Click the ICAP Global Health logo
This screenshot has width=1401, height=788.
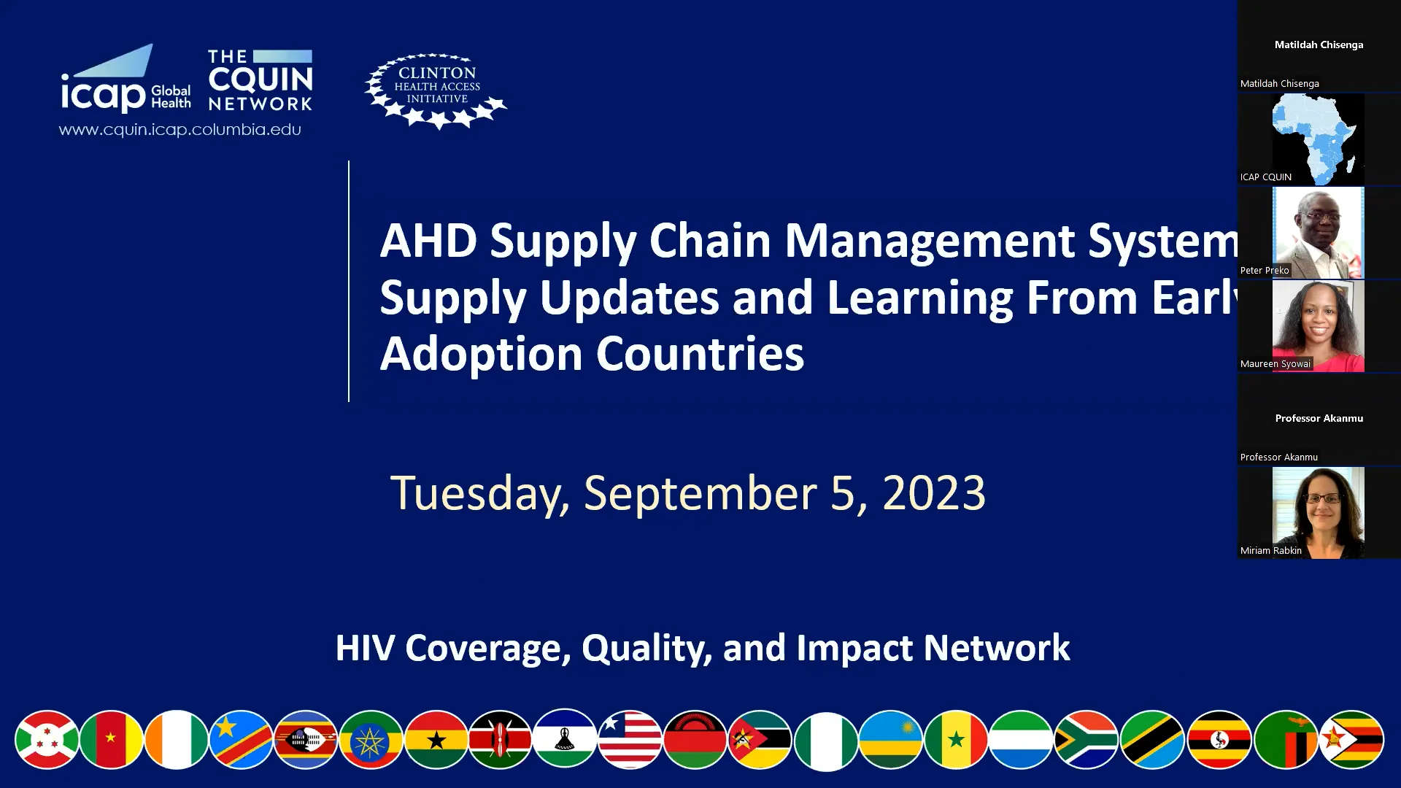click(x=126, y=80)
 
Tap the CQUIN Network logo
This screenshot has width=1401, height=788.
click(x=260, y=80)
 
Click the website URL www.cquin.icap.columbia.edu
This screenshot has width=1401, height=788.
click(x=180, y=130)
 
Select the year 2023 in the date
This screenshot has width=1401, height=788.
click(x=934, y=493)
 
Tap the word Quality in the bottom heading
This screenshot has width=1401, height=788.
click(x=647, y=648)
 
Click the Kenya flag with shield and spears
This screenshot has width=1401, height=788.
click(x=501, y=740)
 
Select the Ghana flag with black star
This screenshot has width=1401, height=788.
click(x=436, y=740)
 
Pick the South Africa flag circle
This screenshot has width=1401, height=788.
click(x=1087, y=740)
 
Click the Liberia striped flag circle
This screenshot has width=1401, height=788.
click(x=630, y=740)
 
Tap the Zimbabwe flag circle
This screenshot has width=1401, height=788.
click(x=1351, y=740)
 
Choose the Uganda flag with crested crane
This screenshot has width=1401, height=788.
click(x=1219, y=740)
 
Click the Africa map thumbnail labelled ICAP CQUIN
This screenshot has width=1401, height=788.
click(x=1318, y=139)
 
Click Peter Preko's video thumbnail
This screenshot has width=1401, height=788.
click(x=1318, y=232)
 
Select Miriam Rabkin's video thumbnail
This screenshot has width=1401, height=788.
click(x=1318, y=512)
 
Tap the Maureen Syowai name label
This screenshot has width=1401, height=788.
click(x=1275, y=364)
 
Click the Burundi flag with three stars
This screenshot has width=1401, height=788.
click(x=47, y=740)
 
